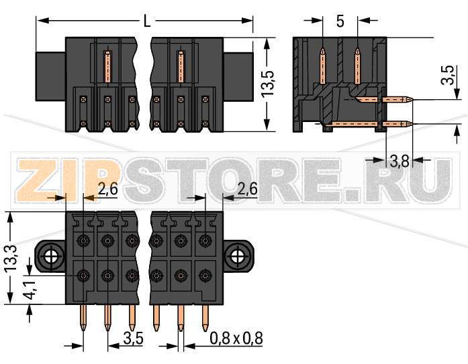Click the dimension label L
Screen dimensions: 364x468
pyautogui.click(x=146, y=21)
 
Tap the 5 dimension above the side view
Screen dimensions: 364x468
pyautogui.click(x=340, y=21)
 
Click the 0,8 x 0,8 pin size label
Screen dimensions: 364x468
pyautogui.click(x=236, y=339)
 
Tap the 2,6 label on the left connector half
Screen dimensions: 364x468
pyautogui.click(x=107, y=190)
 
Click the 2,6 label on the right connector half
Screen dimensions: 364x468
pyautogui.click(x=247, y=190)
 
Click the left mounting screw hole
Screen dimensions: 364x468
pyautogui.click(x=50, y=255)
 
